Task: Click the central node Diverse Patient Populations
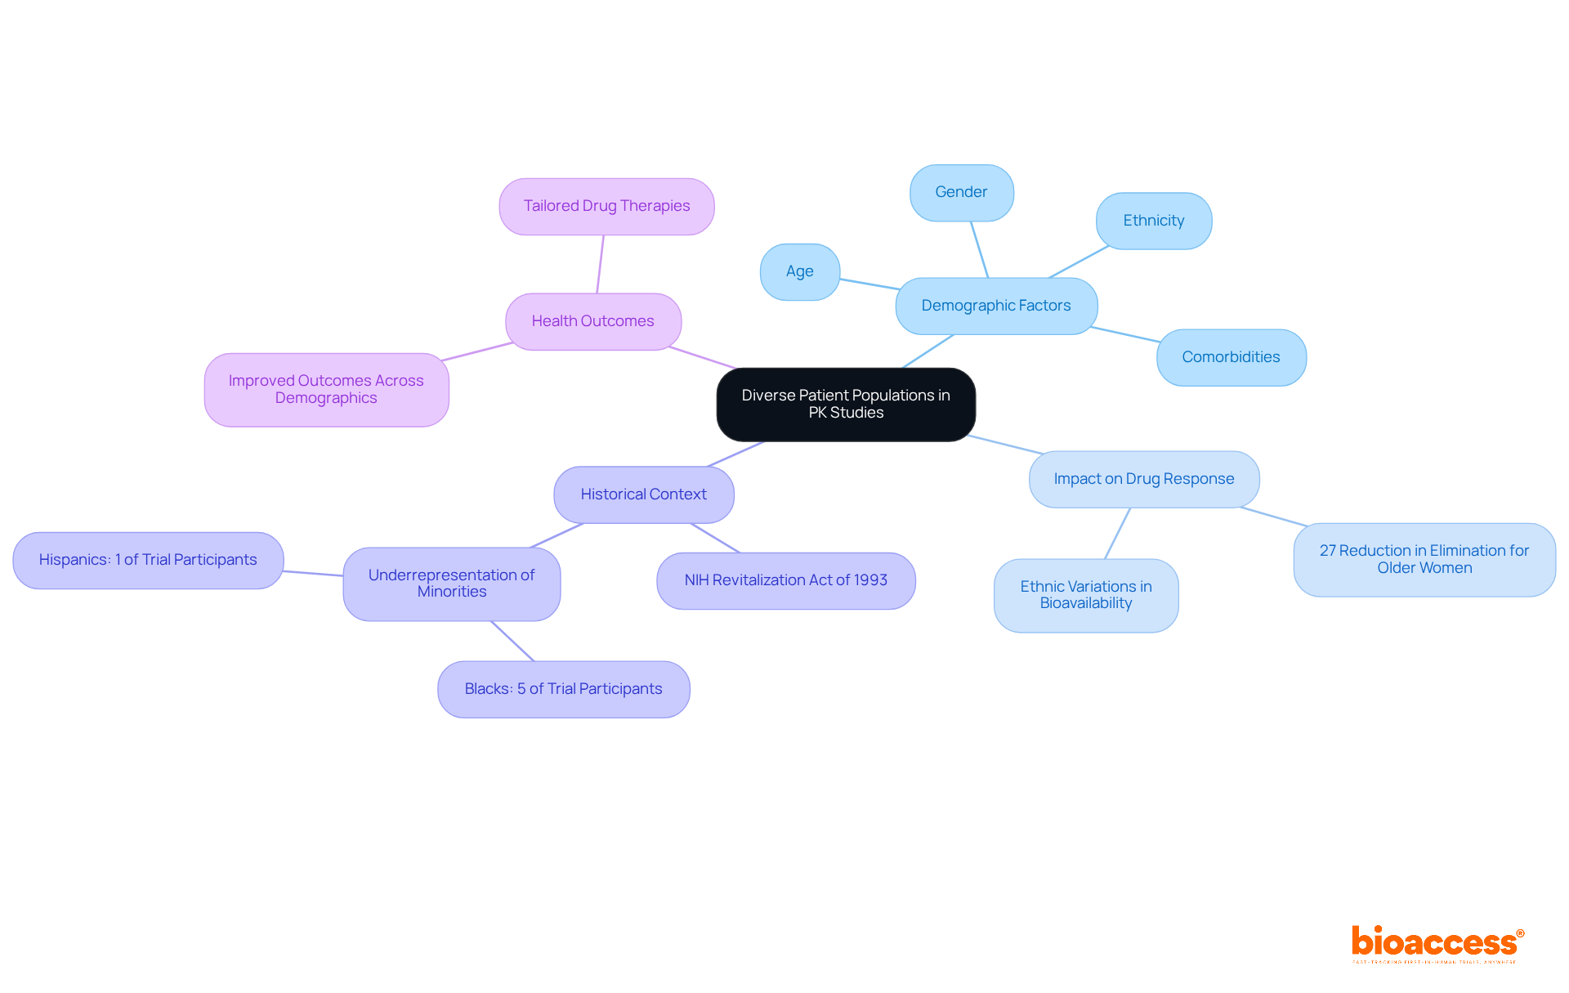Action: point(846,405)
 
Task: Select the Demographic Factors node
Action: point(996,306)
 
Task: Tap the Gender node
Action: point(961,192)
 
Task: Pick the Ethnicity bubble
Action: point(1153,221)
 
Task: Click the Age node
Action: point(799,271)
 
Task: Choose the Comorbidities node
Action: point(1231,357)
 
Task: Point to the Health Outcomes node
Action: point(592,321)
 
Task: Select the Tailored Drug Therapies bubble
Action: point(606,206)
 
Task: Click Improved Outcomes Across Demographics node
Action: point(326,389)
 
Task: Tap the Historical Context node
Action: point(643,494)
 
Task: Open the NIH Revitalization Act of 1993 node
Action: point(785,580)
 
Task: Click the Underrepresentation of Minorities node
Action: point(451,584)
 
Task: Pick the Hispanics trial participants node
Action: point(148,560)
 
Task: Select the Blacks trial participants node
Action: point(563,689)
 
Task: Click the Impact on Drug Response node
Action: point(1143,479)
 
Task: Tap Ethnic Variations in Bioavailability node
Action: point(1085,595)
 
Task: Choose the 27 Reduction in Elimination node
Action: point(1424,559)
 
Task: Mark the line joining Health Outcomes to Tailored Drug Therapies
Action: point(601,264)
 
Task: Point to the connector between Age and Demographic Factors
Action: point(869,284)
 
